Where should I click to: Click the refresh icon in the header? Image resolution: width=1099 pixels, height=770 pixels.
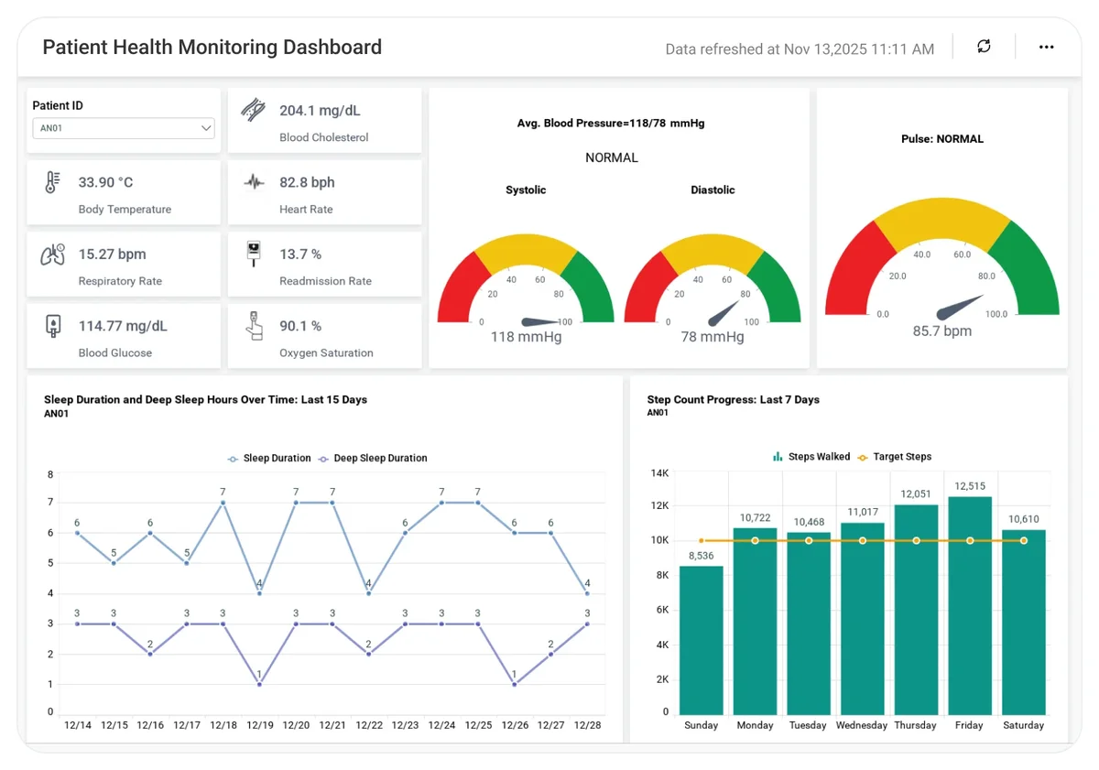(984, 46)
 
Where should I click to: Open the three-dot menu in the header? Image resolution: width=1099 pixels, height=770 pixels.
(1046, 47)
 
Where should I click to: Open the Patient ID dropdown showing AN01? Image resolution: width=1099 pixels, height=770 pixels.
(124, 128)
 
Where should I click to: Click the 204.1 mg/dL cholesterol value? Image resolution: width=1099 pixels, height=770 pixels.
(320, 111)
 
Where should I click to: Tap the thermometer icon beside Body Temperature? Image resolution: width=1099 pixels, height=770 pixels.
(52, 182)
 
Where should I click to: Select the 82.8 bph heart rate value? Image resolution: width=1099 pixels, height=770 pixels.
(307, 182)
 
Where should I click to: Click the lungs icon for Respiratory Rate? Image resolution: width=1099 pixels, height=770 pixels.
(53, 255)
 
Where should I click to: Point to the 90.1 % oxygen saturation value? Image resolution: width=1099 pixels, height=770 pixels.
(300, 326)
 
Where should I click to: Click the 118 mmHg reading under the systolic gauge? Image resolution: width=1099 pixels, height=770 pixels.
(526, 337)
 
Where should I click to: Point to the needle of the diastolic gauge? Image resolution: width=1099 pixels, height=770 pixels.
(723, 314)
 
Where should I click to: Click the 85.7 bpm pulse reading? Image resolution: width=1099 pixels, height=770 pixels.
(942, 331)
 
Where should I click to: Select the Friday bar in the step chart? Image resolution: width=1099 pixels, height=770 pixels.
(970, 606)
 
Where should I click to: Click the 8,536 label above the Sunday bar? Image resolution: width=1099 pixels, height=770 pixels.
(702, 556)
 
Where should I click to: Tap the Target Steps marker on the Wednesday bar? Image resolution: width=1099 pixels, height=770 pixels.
(863, 540)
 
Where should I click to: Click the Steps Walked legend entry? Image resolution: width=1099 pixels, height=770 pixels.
(811, 457)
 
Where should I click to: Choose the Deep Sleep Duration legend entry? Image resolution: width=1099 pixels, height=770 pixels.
(373, 458)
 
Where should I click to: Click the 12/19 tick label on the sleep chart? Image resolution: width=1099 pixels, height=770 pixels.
(260, 725)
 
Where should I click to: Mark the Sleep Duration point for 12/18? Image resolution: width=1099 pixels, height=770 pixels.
(223, 503)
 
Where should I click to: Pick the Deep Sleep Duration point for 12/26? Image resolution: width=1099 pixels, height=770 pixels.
(514, 684)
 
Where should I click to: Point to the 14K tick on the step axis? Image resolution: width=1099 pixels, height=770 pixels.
(660, 473)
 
